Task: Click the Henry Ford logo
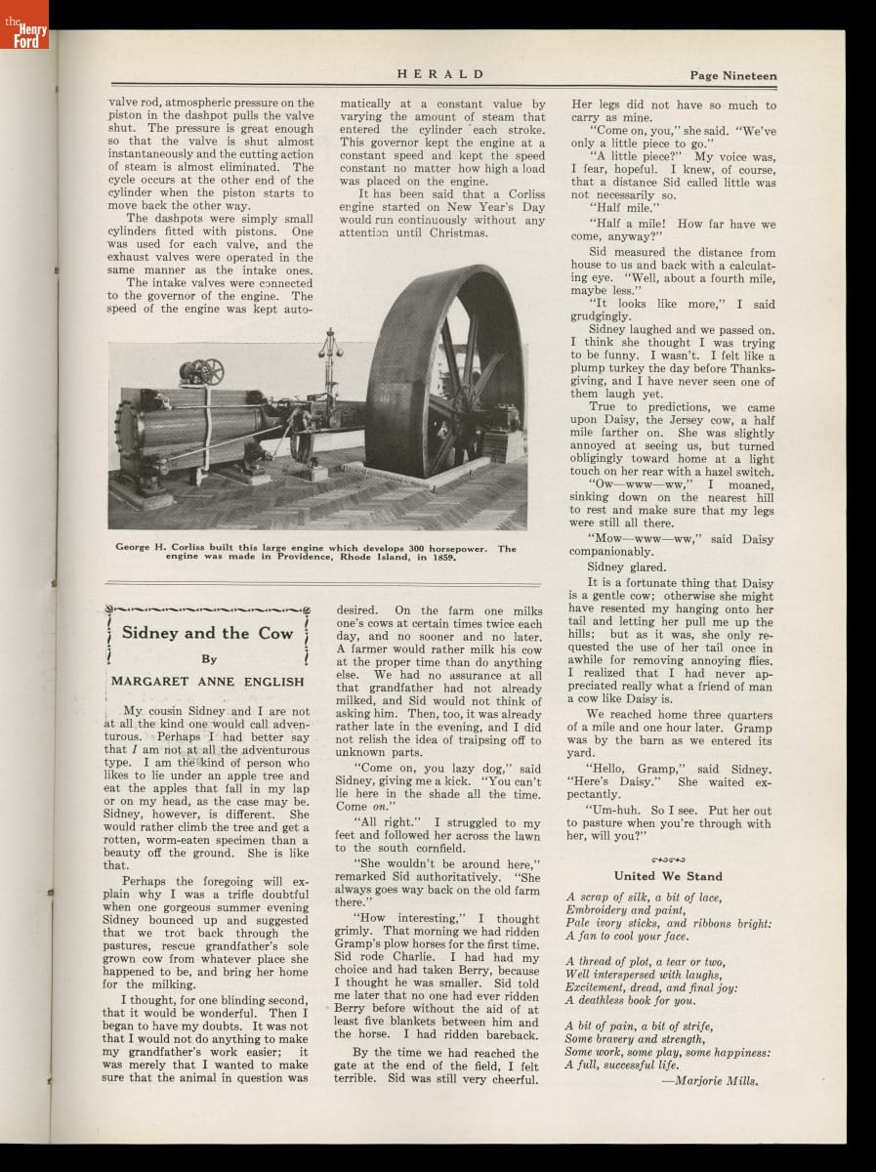click(23, 24)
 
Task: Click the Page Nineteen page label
click(732, 75)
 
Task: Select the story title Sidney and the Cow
click(207, 633)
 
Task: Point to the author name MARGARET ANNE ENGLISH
click(208, 681)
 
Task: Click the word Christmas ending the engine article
click(455, 232)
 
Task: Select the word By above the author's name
click(208, 658)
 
